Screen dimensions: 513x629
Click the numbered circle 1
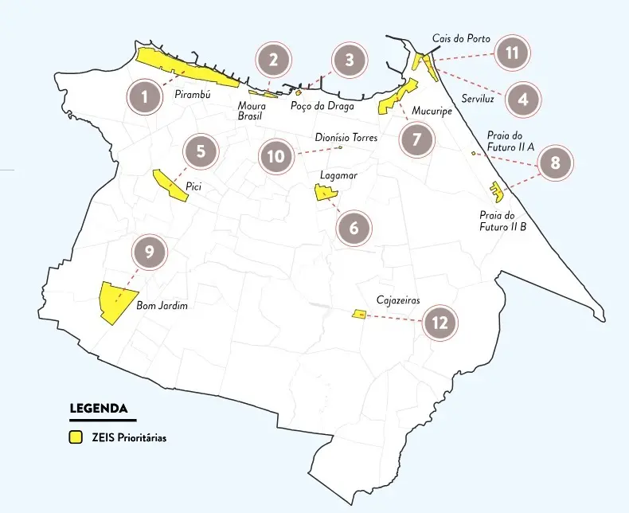point(145,97)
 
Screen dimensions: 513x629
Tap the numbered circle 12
point(440,323)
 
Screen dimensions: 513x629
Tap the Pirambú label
point(192,95)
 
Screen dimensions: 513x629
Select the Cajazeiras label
point(397,301)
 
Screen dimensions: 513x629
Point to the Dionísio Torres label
point(346,138)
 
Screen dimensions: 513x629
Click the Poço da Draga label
point(317,107)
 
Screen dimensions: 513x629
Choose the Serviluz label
point(479,100)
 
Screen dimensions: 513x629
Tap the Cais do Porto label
point(461,38)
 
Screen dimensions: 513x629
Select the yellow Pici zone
point(170,184)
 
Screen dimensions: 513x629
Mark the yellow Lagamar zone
point(325,192)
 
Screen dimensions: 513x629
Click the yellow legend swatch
point(76,437)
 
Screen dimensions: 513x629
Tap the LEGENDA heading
point(99,409)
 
